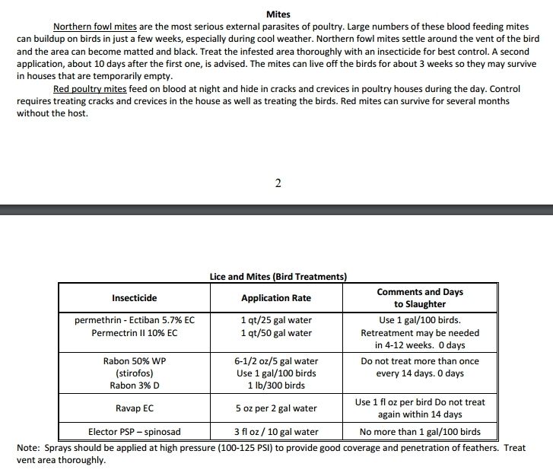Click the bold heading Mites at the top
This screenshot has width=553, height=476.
pyautogui.click(x=278, y=14)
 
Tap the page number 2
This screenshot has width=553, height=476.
pyautogui.click(x=278, y=184)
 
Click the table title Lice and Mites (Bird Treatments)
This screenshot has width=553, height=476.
pyautogui.click(x=278, y=277)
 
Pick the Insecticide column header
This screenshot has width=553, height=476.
pyautogui.click(x=135, y=298)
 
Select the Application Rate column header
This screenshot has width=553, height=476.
pyautogui.click(x=276, y=298)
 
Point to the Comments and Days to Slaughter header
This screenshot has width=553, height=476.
pyautogui.click(x=420, y=298)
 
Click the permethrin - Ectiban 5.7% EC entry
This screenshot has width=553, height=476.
pyautogui.click(x=135, y=320)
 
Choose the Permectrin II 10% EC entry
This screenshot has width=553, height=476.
pyautogui.click(x=135, y=333)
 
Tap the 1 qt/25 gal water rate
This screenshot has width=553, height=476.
pyautogui.click(x=276, y=320)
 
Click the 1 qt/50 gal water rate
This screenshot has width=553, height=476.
pyautogui.click(x=276, y=333)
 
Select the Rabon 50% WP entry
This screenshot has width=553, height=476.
pyautogui.click(x=135, y=361)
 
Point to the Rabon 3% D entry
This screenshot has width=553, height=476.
pyautogui.click(x=135, y=386)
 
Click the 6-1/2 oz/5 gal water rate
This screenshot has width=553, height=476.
pyautogui.click(x=276, y=361)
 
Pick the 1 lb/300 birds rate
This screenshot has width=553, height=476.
pyautogui.click(x=276, y=386)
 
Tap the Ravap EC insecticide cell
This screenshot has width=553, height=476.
pyautogui.click(x=135, y=408)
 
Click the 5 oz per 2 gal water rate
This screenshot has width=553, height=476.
pyautogui.click(x=276, y=408)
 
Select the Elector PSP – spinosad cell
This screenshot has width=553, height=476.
pyautogui.click(x=135, y=432)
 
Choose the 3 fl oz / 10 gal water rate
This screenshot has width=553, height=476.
pyautogui.click(x=276, y=432)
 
